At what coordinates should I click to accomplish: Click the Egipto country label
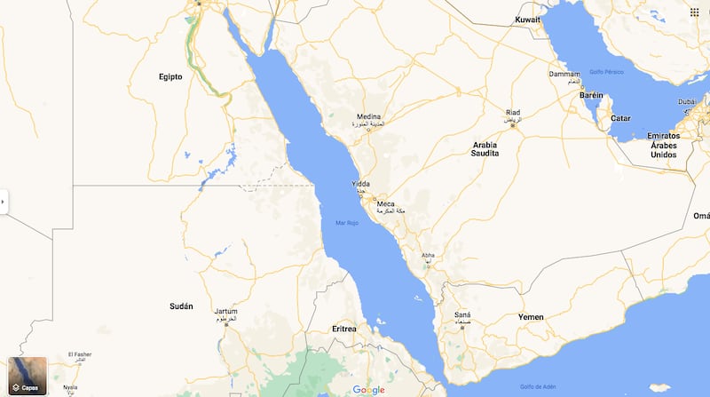click(170, 76)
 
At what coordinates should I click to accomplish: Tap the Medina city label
click(368, 116)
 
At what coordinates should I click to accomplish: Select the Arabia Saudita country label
click(485, 148)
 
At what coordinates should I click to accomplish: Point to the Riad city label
click(513, 113)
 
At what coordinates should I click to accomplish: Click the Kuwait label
click(527, 20)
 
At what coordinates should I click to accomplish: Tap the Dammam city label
click(564, 74)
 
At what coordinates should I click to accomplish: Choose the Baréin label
click(591, 95)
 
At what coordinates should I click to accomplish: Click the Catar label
click(620, 118)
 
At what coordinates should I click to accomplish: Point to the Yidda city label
click(359, 185)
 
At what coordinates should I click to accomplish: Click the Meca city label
click(386, 203)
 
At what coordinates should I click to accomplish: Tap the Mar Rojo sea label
click(346, 223)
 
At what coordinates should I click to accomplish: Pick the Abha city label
click(429, 255)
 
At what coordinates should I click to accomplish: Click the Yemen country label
click(531, 317)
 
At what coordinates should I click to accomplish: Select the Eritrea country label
click(343, 329)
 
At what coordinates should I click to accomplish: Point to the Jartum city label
click(225, 312)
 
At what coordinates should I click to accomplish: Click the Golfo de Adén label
click(538, 385)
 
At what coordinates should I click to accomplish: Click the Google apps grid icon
click(693, 12)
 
